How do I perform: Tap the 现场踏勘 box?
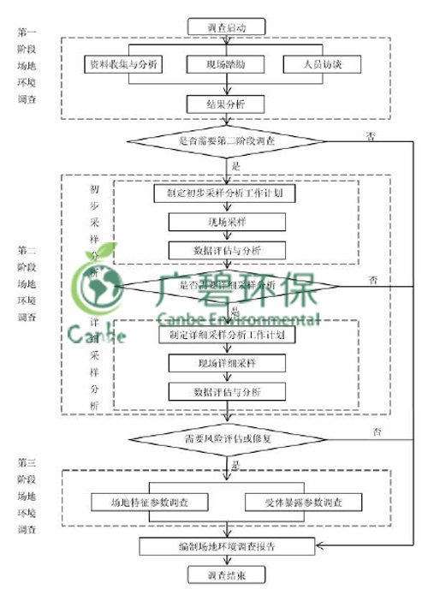225,64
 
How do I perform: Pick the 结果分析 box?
226,104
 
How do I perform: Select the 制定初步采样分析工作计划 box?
226,193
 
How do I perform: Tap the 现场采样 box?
226,222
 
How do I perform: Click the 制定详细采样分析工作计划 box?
227,335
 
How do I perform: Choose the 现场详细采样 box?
227,363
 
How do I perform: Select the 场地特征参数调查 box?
150,502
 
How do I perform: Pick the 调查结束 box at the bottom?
226,574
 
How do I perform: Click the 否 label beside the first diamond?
371,135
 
